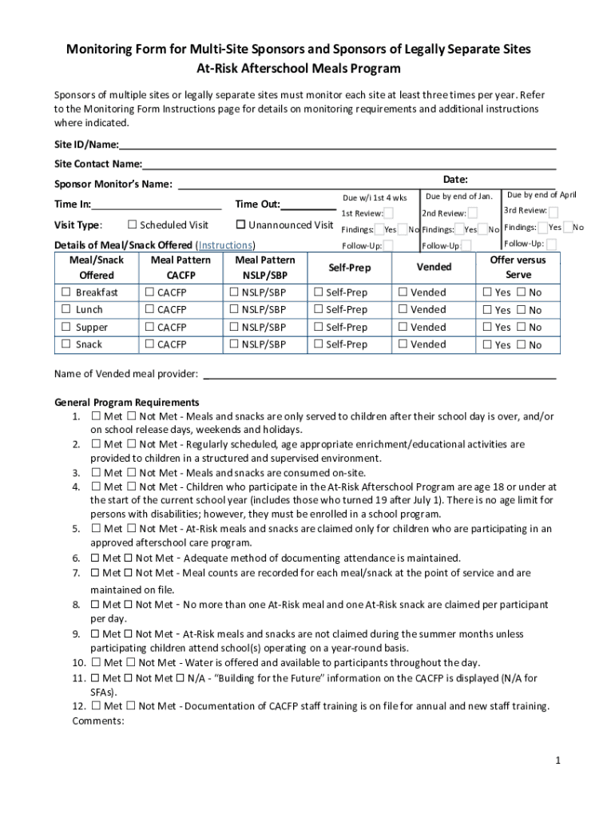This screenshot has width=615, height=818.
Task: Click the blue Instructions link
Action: (225, 244)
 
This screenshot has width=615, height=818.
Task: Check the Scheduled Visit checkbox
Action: (133, 224)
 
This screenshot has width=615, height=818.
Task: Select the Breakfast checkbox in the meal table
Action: (66, 292)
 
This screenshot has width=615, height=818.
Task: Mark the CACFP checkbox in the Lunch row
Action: (149, 309)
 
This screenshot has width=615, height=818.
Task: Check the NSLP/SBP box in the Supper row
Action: (234, 327)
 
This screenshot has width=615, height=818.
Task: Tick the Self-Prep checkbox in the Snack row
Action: (318, 344)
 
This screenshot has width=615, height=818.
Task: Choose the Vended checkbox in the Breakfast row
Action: (403, 292)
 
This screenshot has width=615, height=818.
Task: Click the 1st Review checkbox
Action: (389, 213)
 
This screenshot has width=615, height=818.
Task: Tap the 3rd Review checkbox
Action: (553, 212)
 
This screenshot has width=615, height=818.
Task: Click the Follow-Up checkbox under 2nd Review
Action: (466, 246)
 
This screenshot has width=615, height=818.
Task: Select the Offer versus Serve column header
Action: (518, 267)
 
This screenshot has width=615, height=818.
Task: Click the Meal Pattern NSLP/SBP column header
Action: (265, 267)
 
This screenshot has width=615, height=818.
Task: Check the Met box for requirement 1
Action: (96, 416)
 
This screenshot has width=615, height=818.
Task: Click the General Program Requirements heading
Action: (126, 402)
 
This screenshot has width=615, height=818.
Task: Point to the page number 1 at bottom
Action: (559, 760)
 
